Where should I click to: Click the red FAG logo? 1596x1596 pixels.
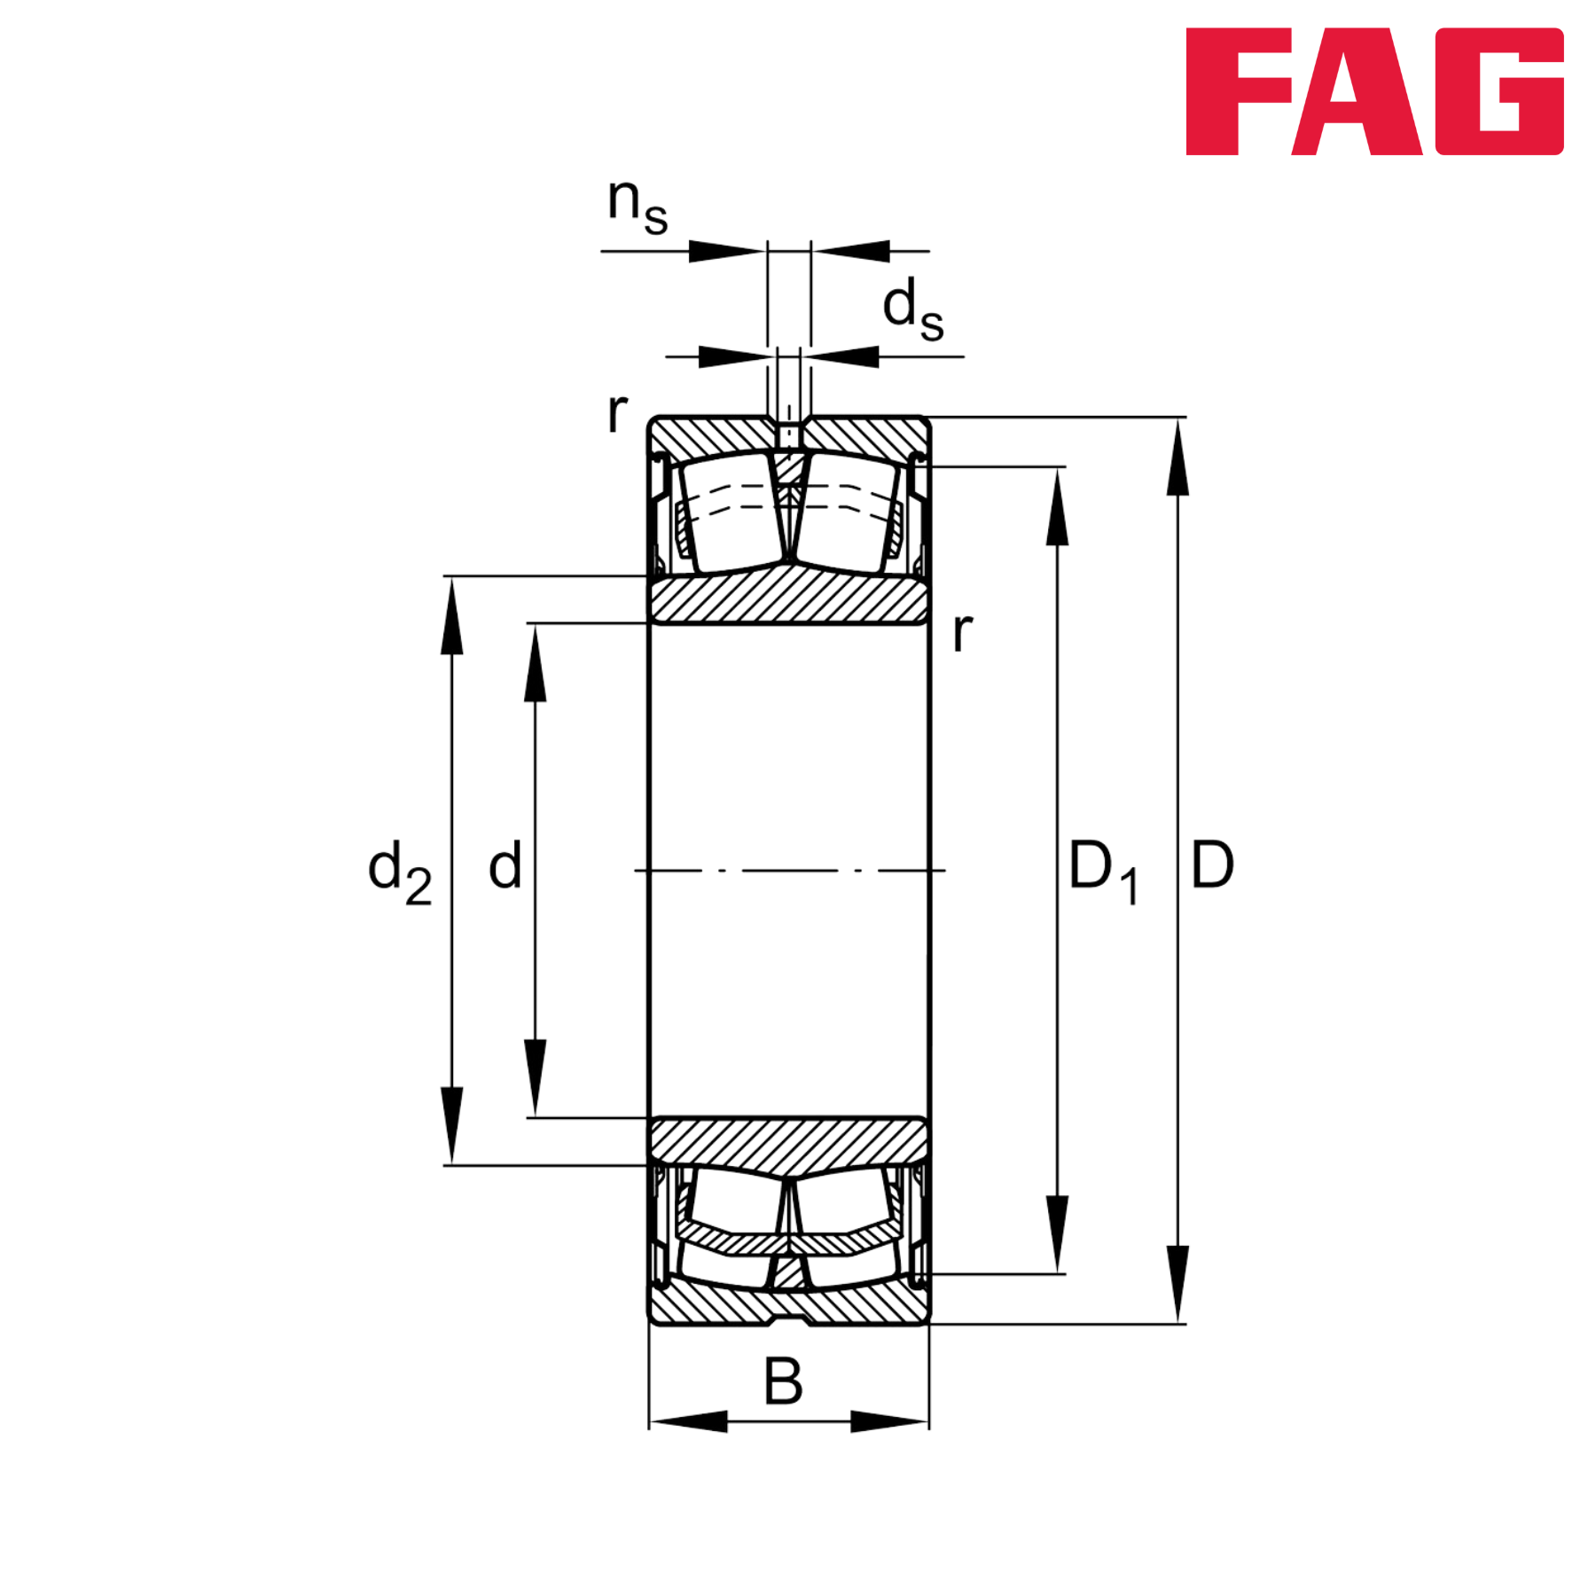1373,92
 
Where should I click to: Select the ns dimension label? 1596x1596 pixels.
637,206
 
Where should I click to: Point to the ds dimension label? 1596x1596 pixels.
911,308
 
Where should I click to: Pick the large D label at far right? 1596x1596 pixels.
1211,865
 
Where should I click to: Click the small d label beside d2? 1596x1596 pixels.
505,865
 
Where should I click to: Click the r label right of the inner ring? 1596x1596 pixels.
961,633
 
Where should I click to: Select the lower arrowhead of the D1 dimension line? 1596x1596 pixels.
1056,1232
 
